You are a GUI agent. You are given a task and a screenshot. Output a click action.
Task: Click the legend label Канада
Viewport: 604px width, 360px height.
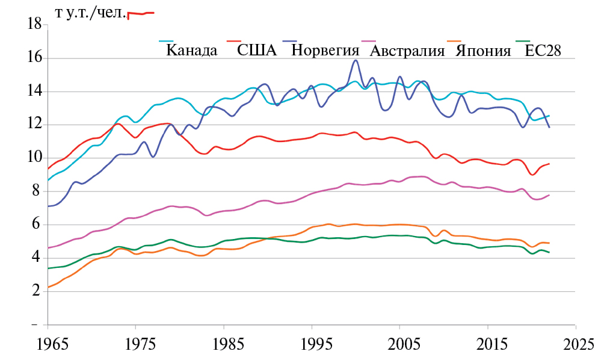(191, 51)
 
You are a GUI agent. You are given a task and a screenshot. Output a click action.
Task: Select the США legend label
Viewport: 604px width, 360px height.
(257, 51)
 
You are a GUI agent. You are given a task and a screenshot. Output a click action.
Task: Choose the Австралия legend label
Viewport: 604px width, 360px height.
(407, 51)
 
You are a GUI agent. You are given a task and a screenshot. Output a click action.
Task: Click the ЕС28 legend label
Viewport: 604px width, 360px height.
(543, 51)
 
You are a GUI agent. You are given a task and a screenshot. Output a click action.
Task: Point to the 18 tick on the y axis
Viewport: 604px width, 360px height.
(34, 25)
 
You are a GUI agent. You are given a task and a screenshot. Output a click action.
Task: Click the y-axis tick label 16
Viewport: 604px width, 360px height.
(34, 58)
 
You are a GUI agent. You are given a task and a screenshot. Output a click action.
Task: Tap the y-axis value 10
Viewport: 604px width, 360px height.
(34, 158)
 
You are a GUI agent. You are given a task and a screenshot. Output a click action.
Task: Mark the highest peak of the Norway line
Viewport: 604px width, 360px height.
(356, 60)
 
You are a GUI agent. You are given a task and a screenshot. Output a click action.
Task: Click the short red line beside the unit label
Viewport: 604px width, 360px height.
(141, 14)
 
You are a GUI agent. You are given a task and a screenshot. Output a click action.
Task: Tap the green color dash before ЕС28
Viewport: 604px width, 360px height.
(523, 42)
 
